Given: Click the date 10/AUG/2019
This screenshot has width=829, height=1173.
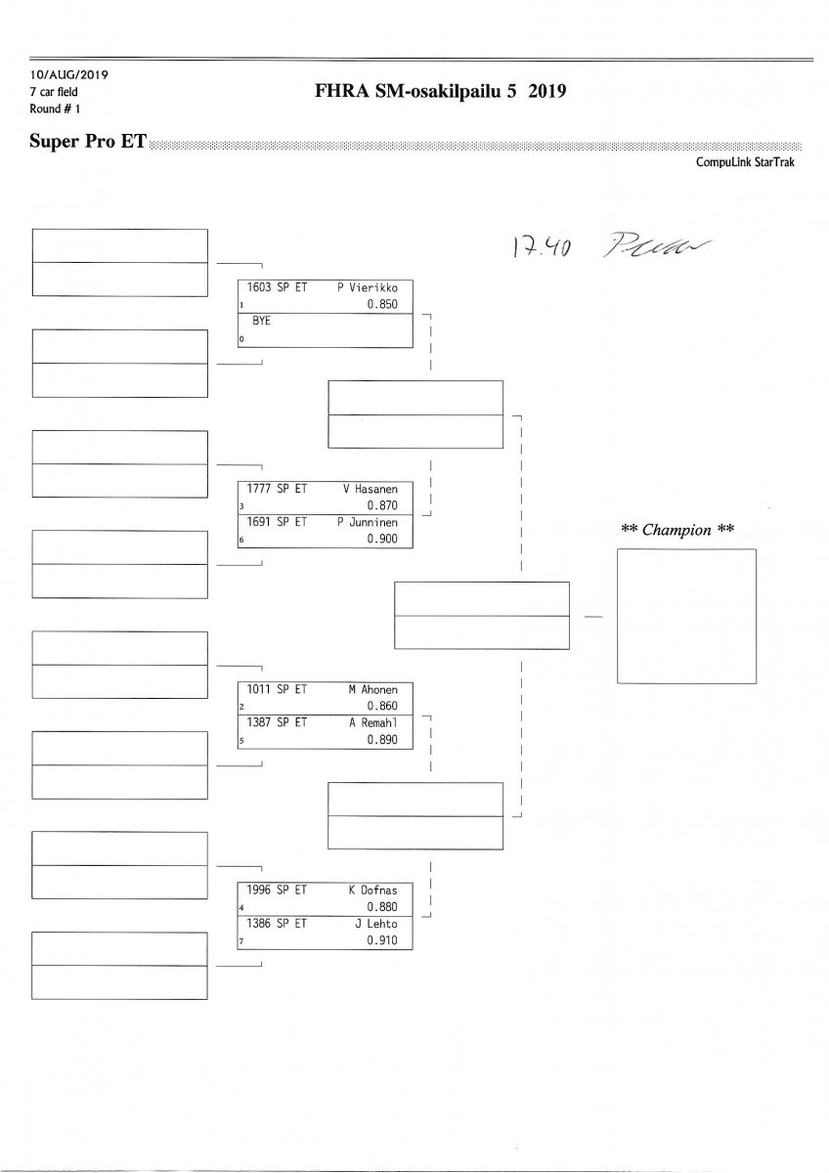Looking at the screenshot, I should point(67,75).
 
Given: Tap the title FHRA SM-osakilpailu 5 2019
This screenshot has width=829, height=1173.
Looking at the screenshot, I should point(441,92).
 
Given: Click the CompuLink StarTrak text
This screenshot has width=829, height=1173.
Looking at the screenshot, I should point(745,163).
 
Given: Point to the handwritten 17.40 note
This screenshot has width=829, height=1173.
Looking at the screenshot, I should point(540,248).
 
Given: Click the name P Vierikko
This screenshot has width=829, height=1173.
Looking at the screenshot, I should point(367,288).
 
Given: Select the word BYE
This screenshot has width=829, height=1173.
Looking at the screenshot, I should point(261,320).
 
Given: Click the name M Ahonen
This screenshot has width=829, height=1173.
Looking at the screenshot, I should point(372,689).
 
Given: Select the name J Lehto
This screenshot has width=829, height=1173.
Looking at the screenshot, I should point(375,923).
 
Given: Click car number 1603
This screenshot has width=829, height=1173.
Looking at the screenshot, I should point(259,288).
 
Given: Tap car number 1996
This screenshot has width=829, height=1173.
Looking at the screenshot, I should point(259,891).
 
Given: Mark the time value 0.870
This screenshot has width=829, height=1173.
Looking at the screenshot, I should point(382,506).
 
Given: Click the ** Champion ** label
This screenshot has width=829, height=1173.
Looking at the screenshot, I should point(677,530).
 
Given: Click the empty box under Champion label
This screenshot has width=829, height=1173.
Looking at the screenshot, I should point(685,615).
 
